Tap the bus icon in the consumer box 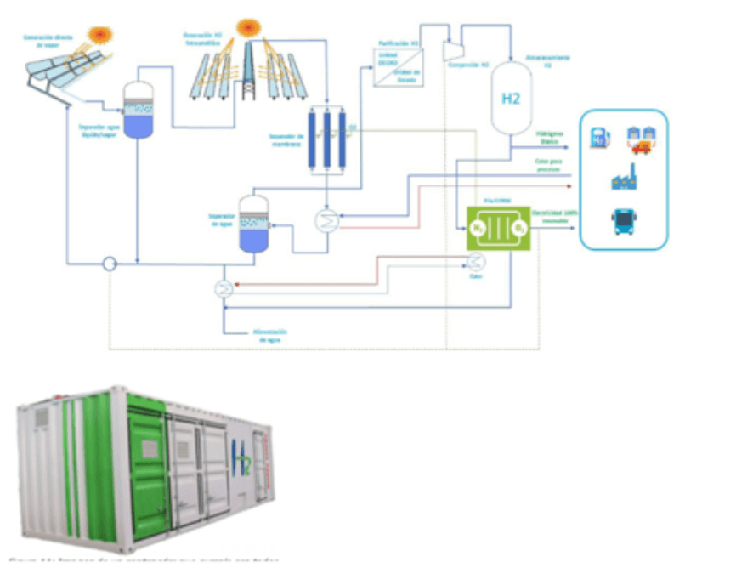(x=625, y=222)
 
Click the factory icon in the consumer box (x=625, y=179)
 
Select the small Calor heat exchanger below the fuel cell (x=477, y=261)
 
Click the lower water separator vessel (x=253, y=224)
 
